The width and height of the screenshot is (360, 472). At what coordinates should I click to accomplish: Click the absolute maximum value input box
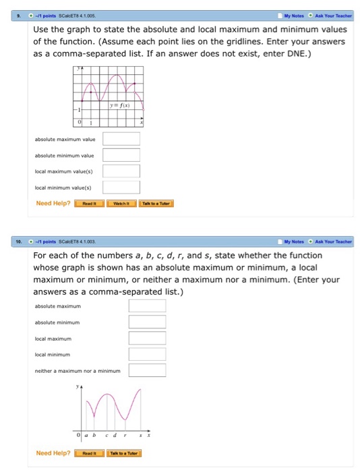121,139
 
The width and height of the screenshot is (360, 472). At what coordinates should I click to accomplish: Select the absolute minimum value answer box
121,154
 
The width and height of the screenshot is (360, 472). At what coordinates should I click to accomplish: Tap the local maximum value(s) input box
121,171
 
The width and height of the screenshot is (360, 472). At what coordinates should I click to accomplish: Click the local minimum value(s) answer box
121,187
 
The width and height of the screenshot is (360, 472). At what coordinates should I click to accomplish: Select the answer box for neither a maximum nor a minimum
147,370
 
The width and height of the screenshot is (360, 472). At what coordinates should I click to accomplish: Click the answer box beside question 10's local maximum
147,338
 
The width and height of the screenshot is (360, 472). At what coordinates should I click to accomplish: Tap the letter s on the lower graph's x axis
141,435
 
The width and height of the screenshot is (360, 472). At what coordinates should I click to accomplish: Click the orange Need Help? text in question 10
53,453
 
